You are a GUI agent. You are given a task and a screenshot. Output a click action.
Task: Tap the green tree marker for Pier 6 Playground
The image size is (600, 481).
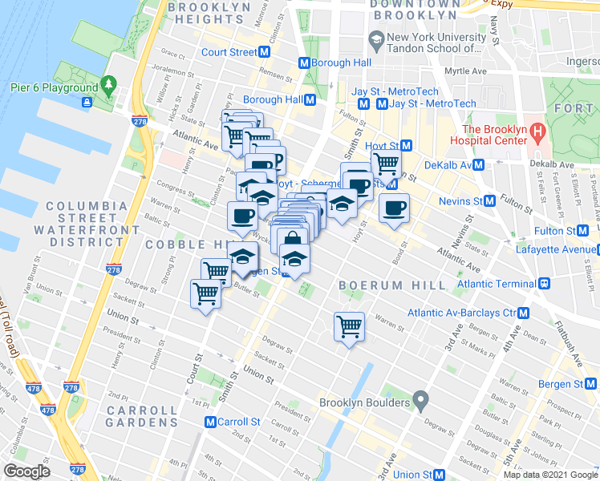point(108,86)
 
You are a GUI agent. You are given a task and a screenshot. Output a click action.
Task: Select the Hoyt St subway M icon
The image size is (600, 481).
point(407,145)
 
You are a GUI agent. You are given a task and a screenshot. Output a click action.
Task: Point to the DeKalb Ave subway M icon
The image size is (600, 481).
point(479,164)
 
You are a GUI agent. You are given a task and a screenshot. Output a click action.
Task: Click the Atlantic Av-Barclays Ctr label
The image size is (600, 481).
point(461,313)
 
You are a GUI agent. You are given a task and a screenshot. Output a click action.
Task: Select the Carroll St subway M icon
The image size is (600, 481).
point(210,422)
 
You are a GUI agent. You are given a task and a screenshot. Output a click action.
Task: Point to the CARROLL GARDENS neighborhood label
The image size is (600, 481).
point(140,417)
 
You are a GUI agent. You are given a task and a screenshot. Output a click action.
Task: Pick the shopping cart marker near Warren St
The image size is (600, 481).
point(349,325)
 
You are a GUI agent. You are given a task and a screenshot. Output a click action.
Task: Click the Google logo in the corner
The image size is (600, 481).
point(27,471)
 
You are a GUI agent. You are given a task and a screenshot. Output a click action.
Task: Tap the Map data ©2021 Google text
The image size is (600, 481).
point(550,475)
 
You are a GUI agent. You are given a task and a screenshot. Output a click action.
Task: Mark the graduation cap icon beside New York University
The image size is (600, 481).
point(375,38)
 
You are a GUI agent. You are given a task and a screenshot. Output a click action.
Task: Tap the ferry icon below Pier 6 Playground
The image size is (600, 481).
point(86,101)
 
